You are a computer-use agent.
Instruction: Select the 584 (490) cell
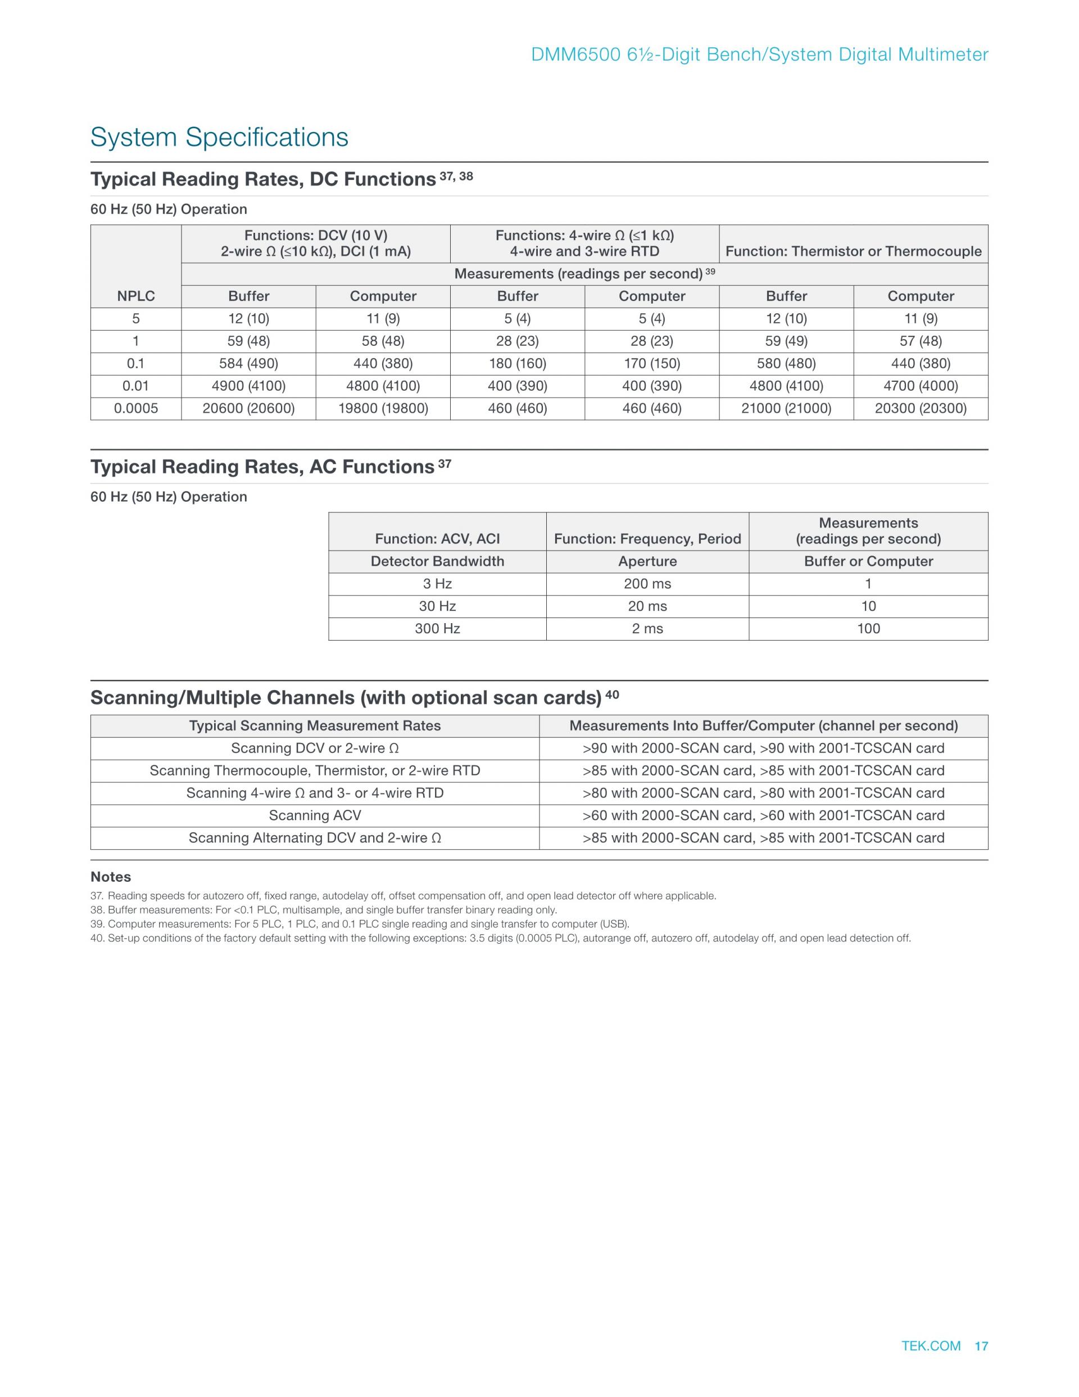tap(248, 363)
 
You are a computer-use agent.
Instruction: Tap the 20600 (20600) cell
tap(248, 408)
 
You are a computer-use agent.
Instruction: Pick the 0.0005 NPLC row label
tap(135, 408)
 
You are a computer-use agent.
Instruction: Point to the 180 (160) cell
tap(517, 363)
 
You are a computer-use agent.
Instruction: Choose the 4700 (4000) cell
tap(921, 386)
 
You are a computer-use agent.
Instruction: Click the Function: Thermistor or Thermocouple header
tap(853, 251)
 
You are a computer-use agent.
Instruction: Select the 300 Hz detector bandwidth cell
tap(437, 628)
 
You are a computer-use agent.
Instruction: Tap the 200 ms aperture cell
tap(647, 583)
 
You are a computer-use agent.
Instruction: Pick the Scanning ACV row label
tap(315, 815)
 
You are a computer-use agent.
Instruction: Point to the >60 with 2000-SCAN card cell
tap(763, 815)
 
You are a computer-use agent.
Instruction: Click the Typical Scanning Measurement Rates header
tap(315, 725)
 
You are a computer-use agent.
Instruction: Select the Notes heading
tap(111, 876)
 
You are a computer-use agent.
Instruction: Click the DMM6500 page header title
tap(759, 55)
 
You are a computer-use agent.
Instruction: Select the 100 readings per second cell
tap(868, 628)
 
